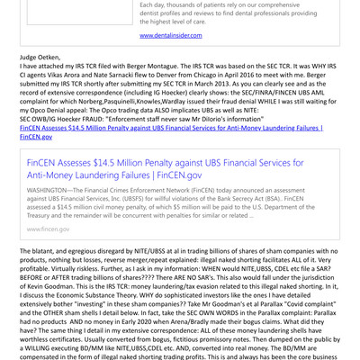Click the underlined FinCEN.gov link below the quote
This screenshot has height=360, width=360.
(x=34, y=139)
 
